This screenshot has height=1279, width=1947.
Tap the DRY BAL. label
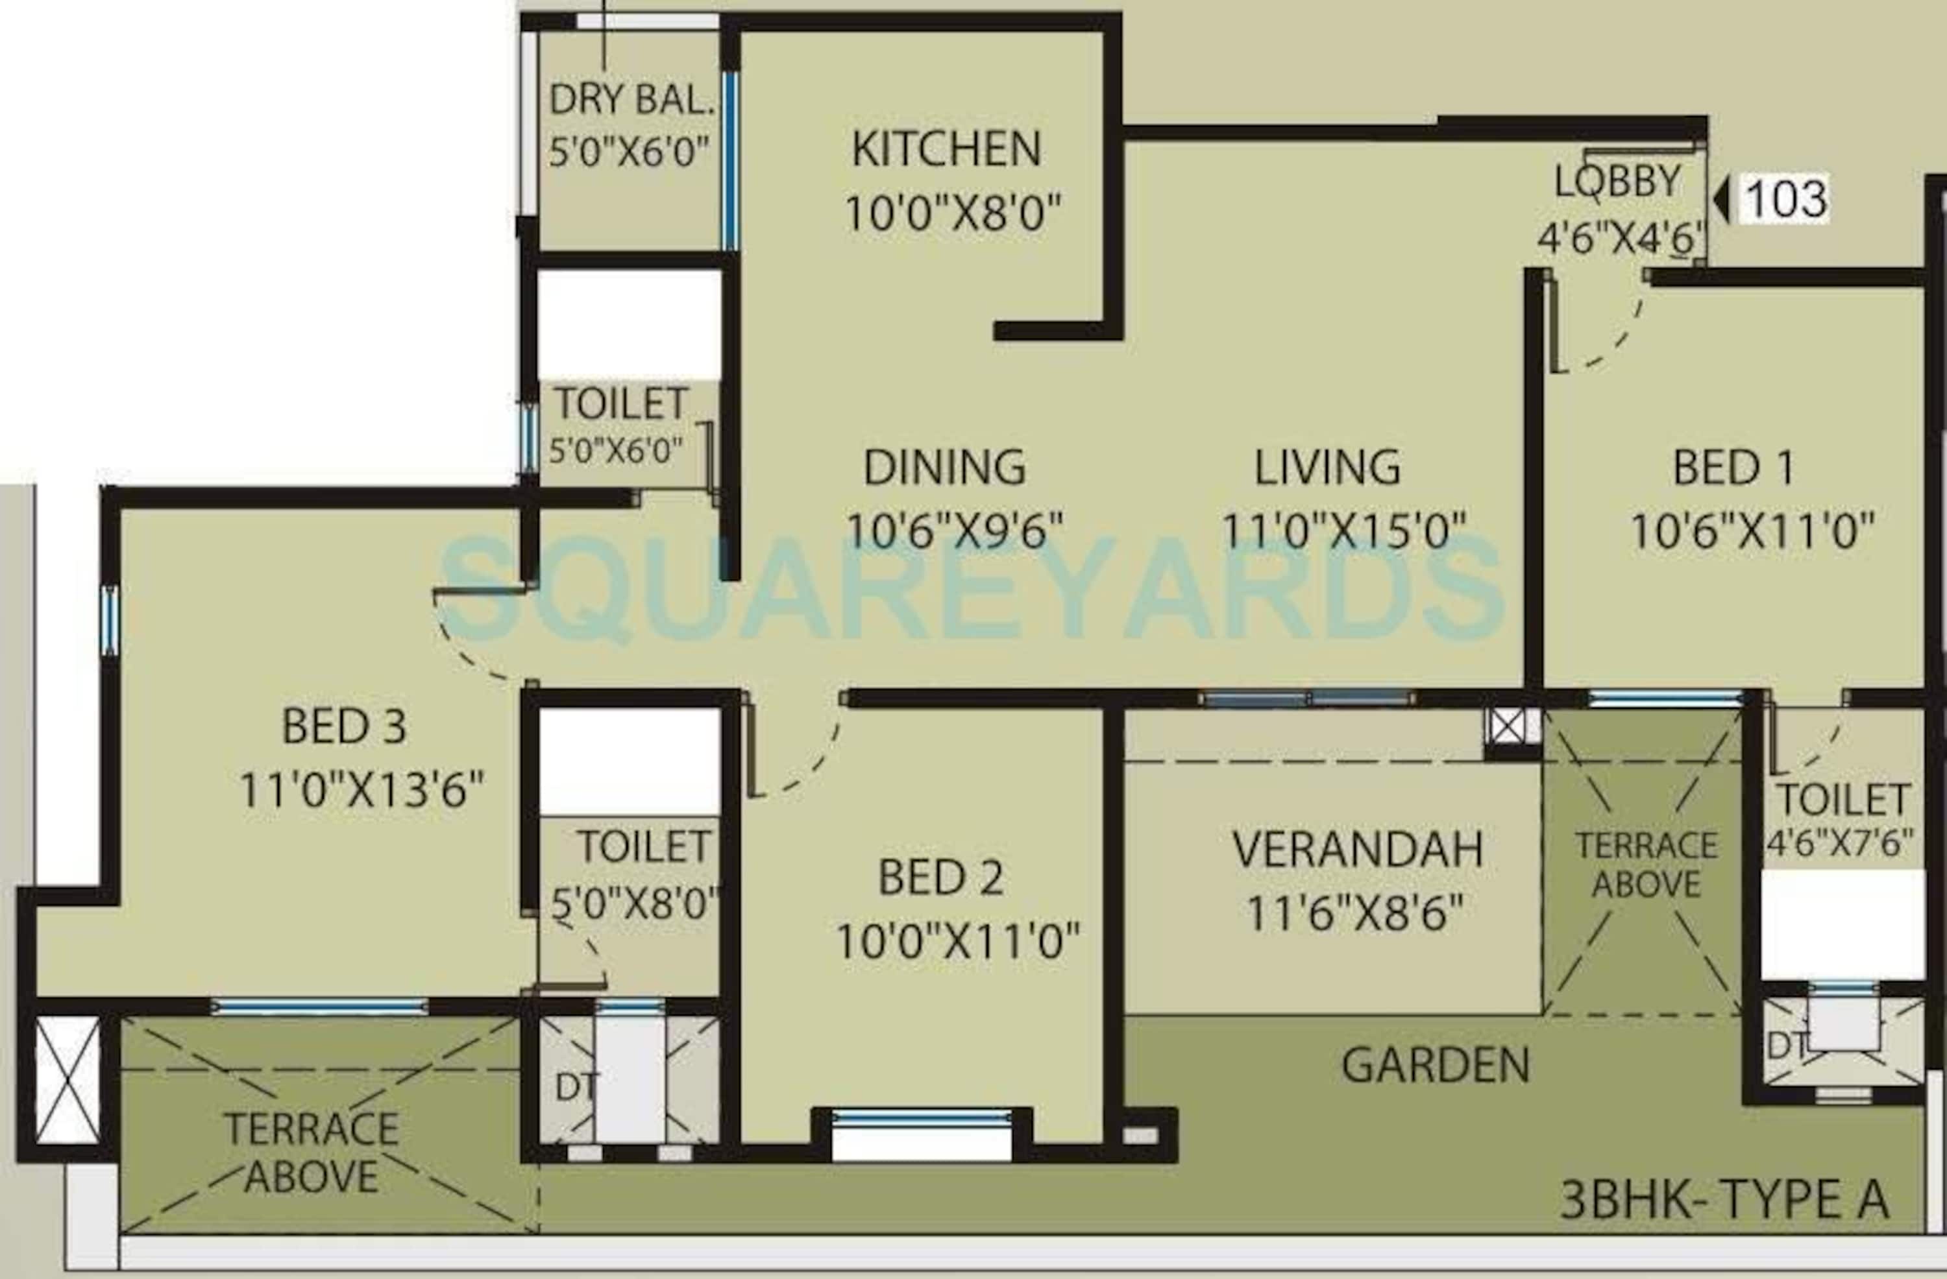[x=631, y=100]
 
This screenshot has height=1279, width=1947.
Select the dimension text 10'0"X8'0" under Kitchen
[x=952, y=213]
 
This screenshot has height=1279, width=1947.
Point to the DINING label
[x=945, y=467]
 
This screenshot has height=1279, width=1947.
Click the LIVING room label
[x=1328, y=467]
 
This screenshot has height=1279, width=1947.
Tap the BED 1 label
[x=1733, y=468]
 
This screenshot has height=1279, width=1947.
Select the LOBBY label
[x=1617, y=181]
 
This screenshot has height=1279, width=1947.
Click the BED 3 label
[x=343, y=725]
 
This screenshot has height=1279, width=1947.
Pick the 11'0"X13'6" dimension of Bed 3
[x=361, y=790]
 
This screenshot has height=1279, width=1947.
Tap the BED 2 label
[x=941, y=878]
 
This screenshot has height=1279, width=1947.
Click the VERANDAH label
[x=1358, y=849]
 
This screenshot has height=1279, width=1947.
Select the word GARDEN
[x=1436, y=1066]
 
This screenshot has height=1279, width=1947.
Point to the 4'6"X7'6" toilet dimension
[x=1840, y=843]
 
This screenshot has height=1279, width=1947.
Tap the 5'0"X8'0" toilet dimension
[x=635, y=903]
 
